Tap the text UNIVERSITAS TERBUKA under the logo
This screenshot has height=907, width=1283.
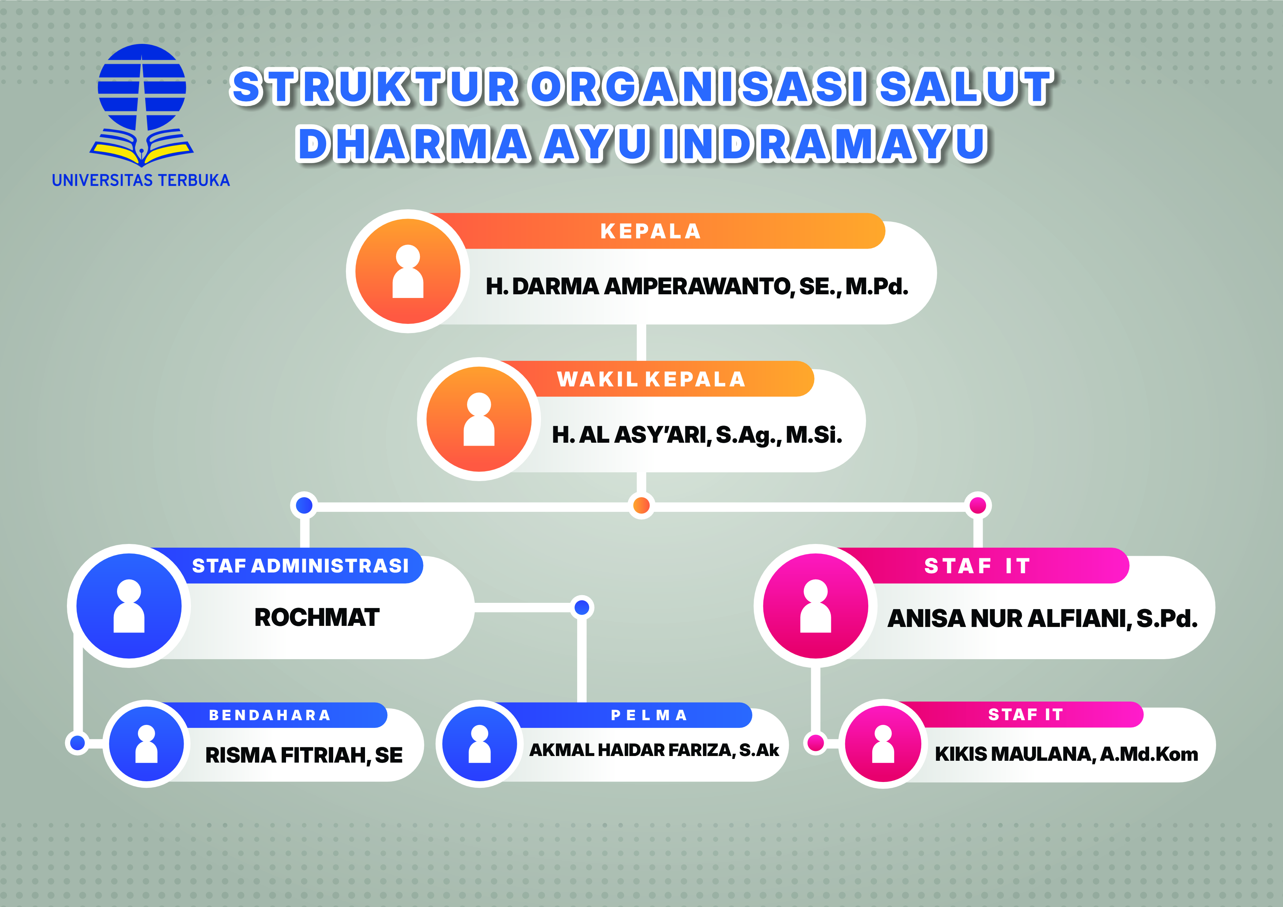tap(141, 180)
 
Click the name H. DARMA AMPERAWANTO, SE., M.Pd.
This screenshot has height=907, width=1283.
tap(697, 287)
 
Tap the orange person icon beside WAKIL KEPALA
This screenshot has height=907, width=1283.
tap(479, 419)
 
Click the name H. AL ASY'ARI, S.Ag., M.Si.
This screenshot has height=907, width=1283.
tap(697, 435)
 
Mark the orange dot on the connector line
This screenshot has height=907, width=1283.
tap(641, 506)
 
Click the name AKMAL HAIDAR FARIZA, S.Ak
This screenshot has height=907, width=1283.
tap(654, 750)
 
